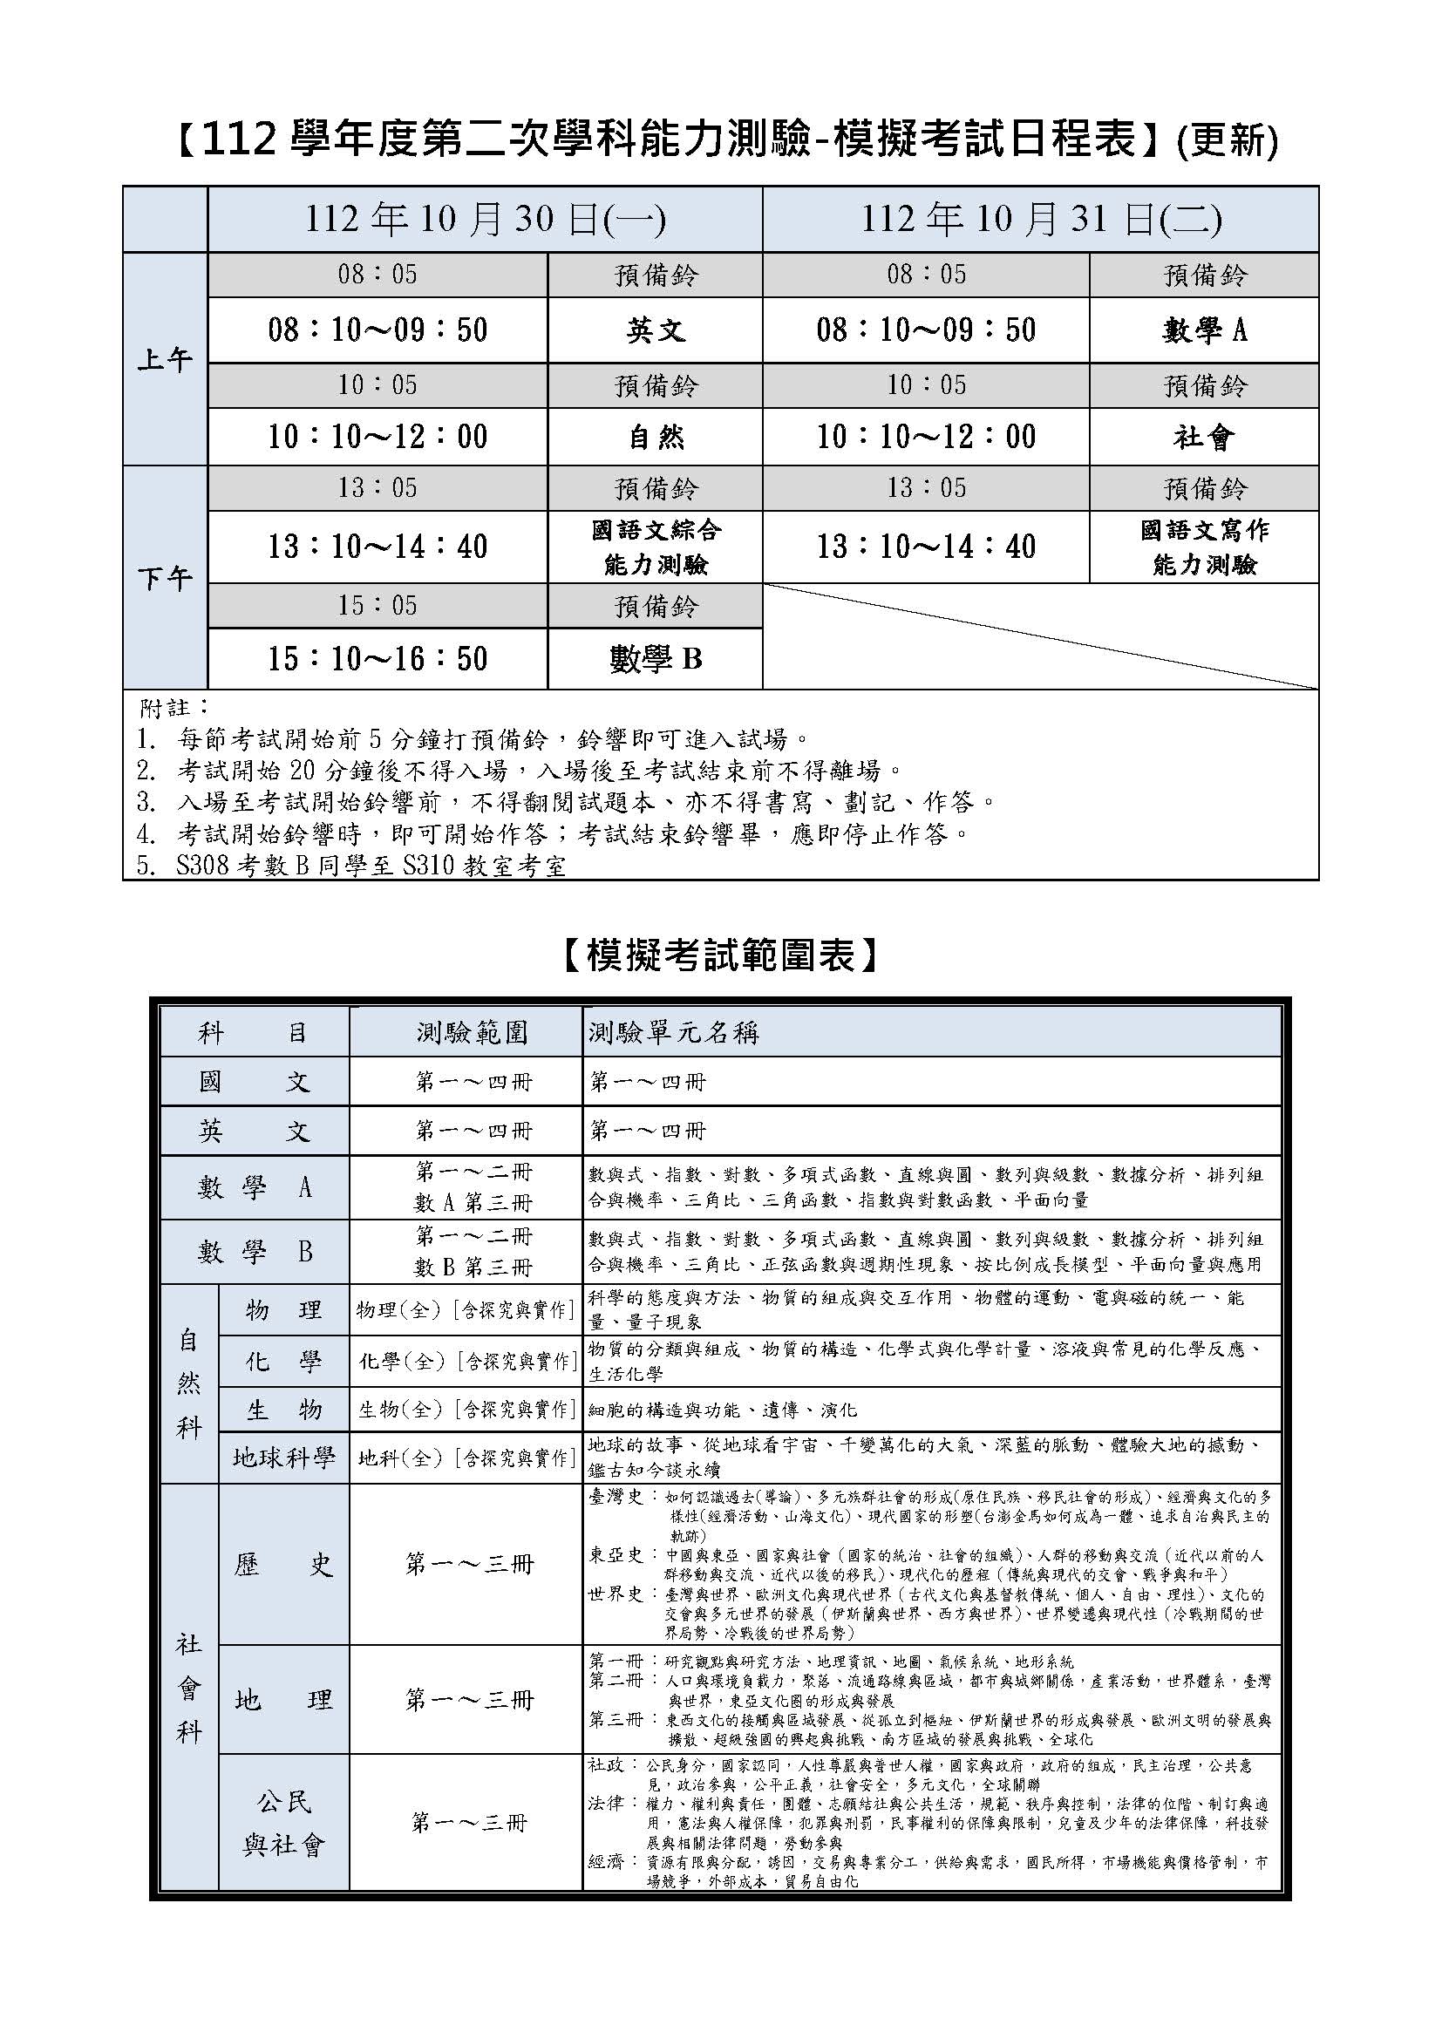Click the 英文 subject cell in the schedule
tap(656, 330)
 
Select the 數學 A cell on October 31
tap(1204, 330)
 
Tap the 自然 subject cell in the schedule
tap(656, 436)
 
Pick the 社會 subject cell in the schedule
tap(1204, 436)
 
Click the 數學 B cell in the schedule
tap(656, 658)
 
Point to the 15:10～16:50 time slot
tap(378, 658)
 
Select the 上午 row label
tap(165, 360)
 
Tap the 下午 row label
tap(165, 579)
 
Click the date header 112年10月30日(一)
tap(485, 220)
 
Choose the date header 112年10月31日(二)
tap(1041, 220)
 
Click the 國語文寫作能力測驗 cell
tap(1204, 547)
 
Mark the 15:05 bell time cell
tap(378, 606)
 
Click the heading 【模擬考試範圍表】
tap(720, 955)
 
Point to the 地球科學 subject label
tap(283, 1458)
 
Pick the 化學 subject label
tap(283, 1362)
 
